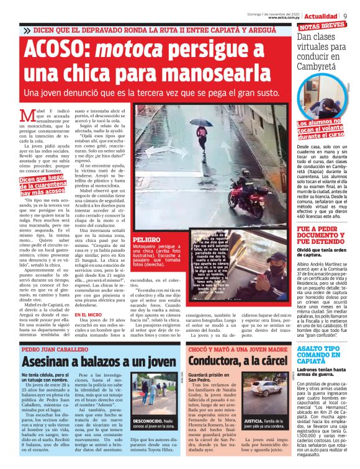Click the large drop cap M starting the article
pyautogui.click(x=27, y=115)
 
